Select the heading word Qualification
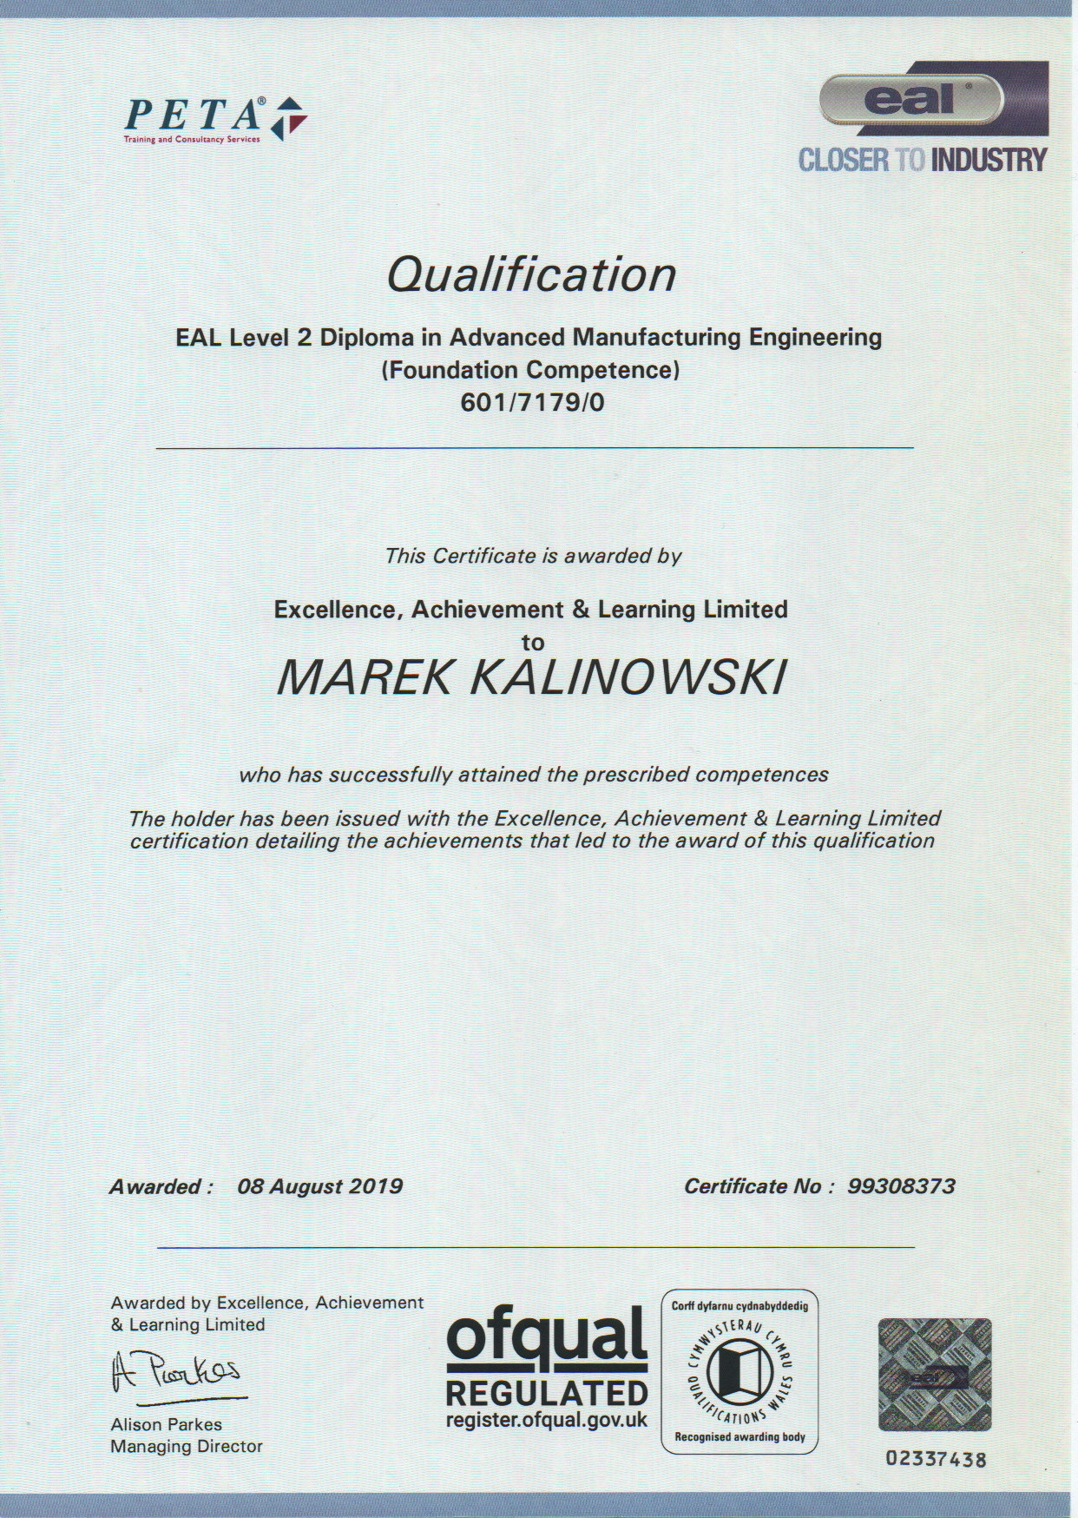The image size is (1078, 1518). coord(531,274)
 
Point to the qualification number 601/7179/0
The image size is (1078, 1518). coord(532,403)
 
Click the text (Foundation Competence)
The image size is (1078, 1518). coord(530,370)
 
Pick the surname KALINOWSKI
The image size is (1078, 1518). coord(628,678)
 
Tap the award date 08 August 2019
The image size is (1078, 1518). coord(319,1186)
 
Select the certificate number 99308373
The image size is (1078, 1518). coord(901,1186)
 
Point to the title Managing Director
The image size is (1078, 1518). coord(187,1446)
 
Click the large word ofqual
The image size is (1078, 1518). coord(547,1338)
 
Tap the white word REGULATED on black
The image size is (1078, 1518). coord(547,1394)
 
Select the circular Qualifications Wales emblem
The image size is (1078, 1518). coord(739,1374)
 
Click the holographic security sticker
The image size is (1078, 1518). coord(935,1374)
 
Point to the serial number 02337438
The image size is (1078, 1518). coord(936,1458)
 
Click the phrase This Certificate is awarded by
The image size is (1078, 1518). coord(533,556)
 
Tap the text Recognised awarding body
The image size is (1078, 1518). coord(739,1437)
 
